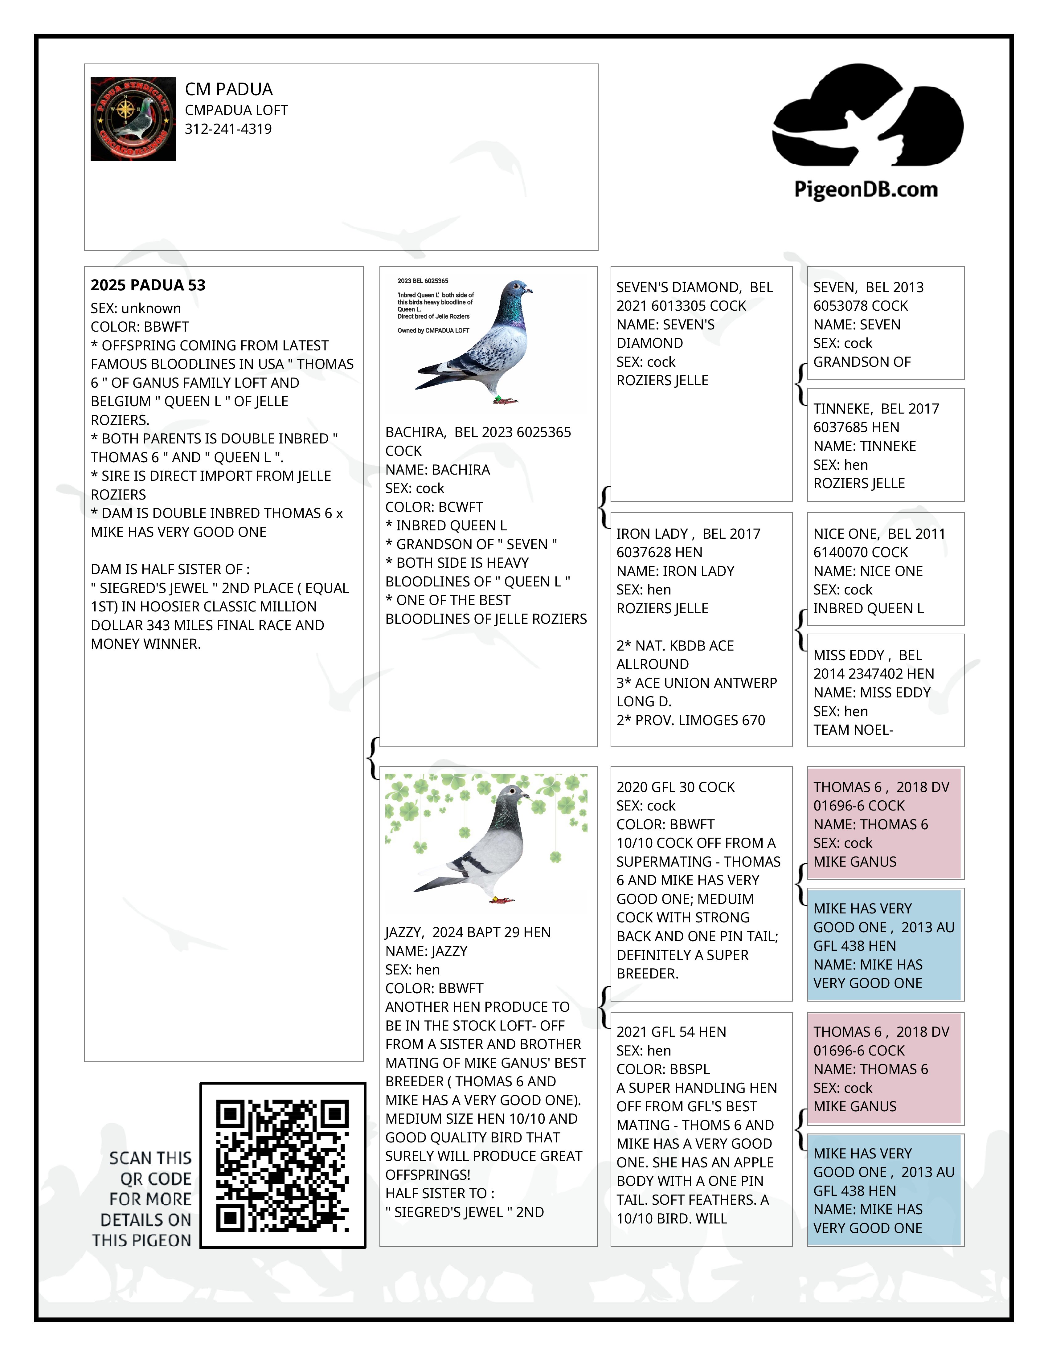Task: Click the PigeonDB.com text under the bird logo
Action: pos(866,189)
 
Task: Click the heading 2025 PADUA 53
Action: pos(148,285)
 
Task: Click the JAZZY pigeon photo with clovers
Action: pos(486,841)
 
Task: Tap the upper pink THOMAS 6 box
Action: pos(885,823)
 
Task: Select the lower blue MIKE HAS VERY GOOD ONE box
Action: pos(885,1190)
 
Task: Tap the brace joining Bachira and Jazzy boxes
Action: pos(373,758)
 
